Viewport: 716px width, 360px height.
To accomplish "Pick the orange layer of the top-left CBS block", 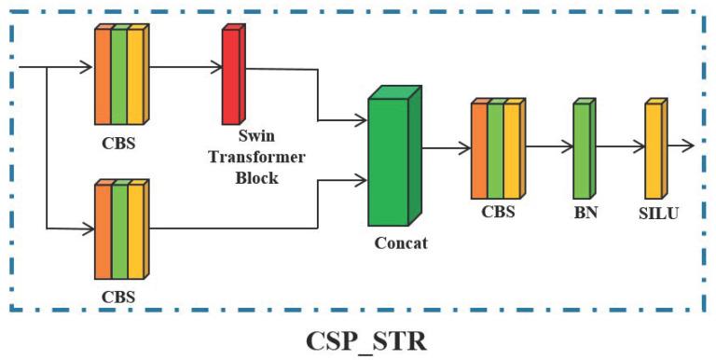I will pos(103,76).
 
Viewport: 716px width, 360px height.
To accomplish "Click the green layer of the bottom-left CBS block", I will pos(119,233).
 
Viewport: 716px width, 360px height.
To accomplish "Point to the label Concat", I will pos(400,244).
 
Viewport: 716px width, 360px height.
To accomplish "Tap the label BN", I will pos(585,212).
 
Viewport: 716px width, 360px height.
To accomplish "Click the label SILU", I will pos(657,212).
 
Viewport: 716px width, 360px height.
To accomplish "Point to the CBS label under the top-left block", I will pos(123,145).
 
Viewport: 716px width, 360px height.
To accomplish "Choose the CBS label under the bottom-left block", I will pos(123,298).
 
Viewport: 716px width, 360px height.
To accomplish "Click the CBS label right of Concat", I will pos(499,212).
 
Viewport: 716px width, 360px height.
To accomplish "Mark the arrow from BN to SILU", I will pos(618,146).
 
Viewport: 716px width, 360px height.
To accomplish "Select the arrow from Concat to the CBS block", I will pos(447,146).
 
